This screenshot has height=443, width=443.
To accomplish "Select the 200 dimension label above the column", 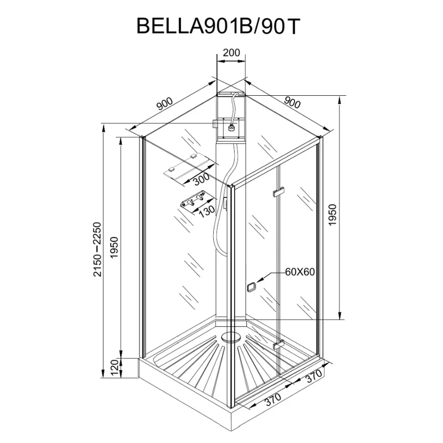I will coord(231,53).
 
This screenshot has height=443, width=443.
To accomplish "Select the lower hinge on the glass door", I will coord(278,344).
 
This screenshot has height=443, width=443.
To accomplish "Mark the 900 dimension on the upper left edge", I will coord(164,104).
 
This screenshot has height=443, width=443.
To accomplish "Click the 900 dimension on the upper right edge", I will coord(292,102).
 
